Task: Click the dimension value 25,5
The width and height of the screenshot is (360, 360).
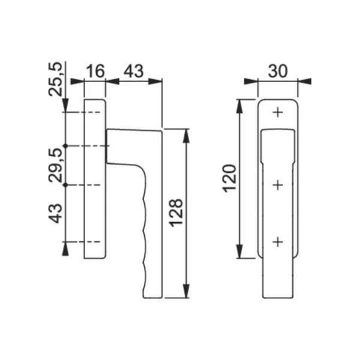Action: (55, 79)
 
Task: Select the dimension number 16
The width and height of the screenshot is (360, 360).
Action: (95, 71)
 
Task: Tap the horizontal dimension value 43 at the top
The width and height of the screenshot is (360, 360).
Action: (134, 71)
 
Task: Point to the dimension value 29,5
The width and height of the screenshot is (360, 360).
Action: (56, 165)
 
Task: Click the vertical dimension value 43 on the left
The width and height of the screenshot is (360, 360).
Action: (56, 213)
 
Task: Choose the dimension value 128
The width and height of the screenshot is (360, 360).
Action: (176, 213)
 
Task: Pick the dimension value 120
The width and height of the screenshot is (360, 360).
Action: (229, 178)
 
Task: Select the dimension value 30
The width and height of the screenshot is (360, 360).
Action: (278, 71)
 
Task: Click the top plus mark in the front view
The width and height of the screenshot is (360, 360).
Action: (278, 112)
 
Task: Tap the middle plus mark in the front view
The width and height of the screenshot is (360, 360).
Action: (278, 185)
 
